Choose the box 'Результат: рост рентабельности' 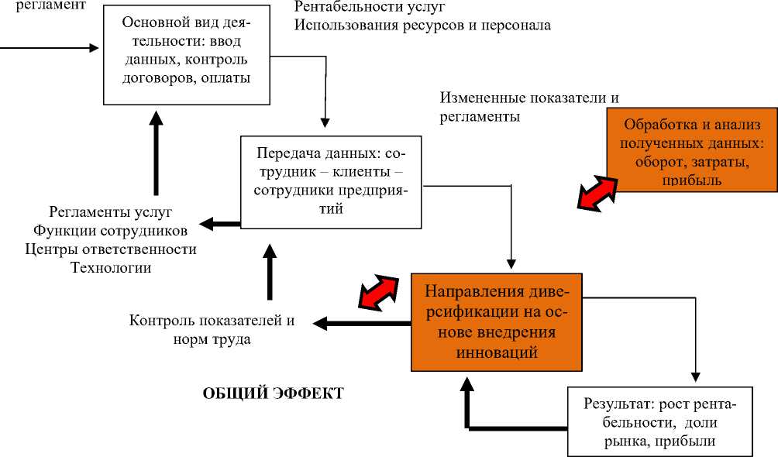[x=659, y=422]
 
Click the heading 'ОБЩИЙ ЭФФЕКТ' [x=273, y=393]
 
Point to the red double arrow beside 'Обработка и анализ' [x=597, y=192]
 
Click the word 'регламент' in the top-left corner [x=49, y=5]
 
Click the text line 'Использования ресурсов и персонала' [x=422, y=25]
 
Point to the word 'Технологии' [x=111, y=268]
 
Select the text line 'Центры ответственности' [x=111, y=249]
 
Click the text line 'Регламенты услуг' [x=111, y=212]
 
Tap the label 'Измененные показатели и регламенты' [x=532, y=107]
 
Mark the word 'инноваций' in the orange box [x=497, y=352]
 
